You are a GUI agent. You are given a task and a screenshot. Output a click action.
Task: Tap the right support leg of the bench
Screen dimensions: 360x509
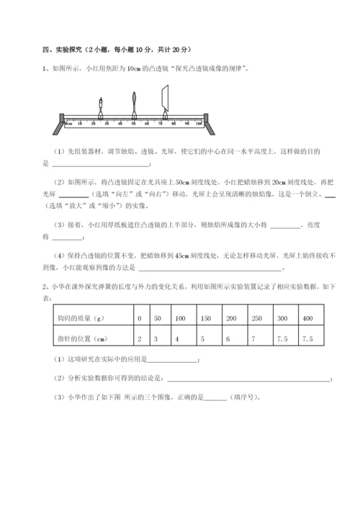pos(207,126)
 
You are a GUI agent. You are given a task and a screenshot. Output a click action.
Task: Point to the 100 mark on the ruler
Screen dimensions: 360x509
pos(198,124)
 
